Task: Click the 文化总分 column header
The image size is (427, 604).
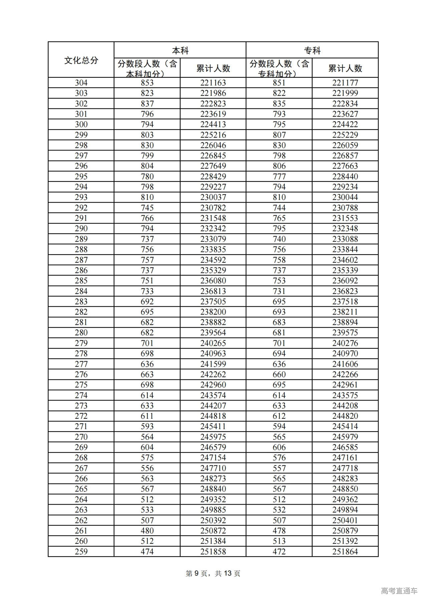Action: pos(81,60)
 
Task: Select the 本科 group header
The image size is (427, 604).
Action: pos(180,51)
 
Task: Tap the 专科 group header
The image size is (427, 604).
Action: pos(312,51)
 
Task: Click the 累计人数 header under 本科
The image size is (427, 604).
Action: pos(213,68)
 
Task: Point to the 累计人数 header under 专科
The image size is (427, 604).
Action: pos(345,68)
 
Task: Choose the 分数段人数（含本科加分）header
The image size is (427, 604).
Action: pos(147,68)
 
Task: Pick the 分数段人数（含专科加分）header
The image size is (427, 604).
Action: pos(279,68)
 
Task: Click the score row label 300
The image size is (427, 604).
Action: pos(81,124)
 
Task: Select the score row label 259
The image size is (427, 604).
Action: pos(81,552)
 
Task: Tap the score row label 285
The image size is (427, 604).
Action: pos(81,281)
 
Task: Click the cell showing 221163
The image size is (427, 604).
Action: pos(213,83)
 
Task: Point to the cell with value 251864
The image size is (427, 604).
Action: pos(345,552)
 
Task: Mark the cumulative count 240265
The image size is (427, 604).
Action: pos(213,343)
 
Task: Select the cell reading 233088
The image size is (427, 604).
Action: pos(345,239)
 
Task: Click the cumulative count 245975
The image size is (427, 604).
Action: pos(213,437)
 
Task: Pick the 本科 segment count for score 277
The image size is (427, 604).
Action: pos(147,364)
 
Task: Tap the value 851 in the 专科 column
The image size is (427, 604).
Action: pos(279,83)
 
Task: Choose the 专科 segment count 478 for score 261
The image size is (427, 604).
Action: pos(279,531)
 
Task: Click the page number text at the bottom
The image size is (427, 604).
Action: pos(213,573)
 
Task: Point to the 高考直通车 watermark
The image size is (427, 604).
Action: pos(399,591)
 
